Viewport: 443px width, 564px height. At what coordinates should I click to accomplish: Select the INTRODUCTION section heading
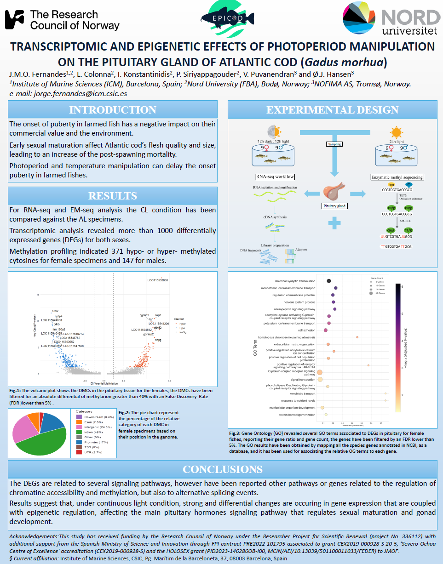(113, 110)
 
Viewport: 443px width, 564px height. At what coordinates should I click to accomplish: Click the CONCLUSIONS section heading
(223, 469)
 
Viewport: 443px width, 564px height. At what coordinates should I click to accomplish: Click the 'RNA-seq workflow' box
(275, 177)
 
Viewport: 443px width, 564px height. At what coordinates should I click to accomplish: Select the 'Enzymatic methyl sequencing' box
(397, 177)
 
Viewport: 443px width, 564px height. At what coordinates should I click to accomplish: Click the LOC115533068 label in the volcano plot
(158, 280)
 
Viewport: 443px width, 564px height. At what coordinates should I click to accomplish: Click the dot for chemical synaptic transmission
(329, 281)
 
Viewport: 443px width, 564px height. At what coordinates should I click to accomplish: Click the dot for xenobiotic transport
(385, 393)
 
